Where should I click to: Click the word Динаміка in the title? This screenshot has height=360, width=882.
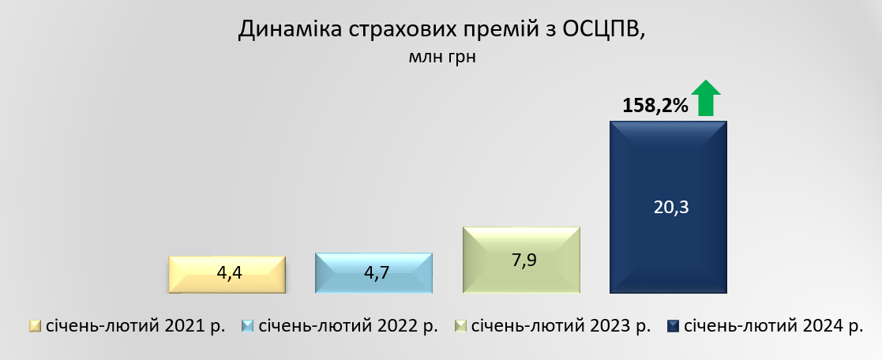click(290, 29)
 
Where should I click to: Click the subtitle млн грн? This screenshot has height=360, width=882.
click(442, 58)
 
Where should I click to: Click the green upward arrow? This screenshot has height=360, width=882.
click(705, 98)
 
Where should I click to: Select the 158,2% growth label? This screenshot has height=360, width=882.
click(655, 105)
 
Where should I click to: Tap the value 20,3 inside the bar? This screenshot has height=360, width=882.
click(671, 208)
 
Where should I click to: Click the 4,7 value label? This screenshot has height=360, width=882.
click(377, 273)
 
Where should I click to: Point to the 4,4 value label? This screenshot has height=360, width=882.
click(230, 273)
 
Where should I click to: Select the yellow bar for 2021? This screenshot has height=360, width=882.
click(227, 275)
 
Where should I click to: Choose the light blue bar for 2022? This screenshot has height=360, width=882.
click(374, 273)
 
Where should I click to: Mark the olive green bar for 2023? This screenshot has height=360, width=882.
click(521, 260)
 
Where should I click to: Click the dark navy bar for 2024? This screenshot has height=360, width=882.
click(668, 207)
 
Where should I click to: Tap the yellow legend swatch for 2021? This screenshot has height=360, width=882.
click(35, 326)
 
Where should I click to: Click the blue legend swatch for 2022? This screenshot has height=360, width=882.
click(247, 326)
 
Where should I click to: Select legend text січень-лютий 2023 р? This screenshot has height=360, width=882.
click(561, 326)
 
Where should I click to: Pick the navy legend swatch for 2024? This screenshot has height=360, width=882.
click(673, 326)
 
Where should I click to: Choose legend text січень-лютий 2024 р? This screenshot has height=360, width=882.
click(774, 326)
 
